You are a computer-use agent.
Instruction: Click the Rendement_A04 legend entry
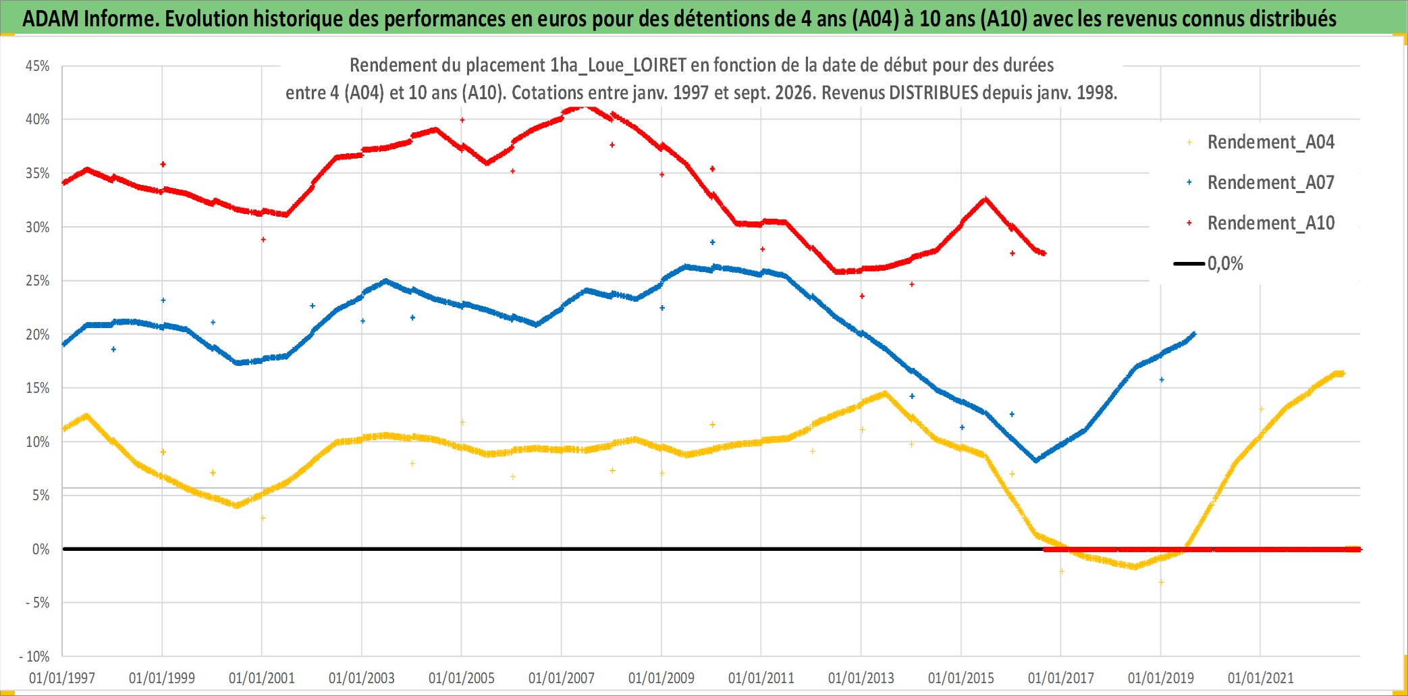pos(1260,142)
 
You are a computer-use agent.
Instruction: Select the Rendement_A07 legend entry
pos(1260,183)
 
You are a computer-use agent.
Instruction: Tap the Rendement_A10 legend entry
pos(1260,223)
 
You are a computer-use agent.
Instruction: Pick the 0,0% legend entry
pos(1209,263)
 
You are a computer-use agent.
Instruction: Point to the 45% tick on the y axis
pos(38,66)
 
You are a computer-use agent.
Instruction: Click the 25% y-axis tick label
pos(38,281)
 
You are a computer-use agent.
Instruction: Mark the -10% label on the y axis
pos(34,656)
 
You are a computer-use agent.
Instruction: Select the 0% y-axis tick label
pos(41,550)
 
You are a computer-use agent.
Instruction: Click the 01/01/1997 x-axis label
pos(62,678)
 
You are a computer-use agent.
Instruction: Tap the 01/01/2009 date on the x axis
pos(661,678)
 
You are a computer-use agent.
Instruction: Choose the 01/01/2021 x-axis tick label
pos(1261,678)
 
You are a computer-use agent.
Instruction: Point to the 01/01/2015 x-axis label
pos(961,678)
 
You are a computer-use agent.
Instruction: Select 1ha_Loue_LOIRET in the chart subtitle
pos(618,65)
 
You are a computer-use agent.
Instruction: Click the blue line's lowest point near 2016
pos(1036,460)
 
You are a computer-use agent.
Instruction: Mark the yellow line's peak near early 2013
pos(884,393)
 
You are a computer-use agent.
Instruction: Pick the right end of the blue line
pos(1194,333)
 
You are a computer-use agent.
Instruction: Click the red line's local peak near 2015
pos(985,199)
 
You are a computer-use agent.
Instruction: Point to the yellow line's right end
pos(1343,373)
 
